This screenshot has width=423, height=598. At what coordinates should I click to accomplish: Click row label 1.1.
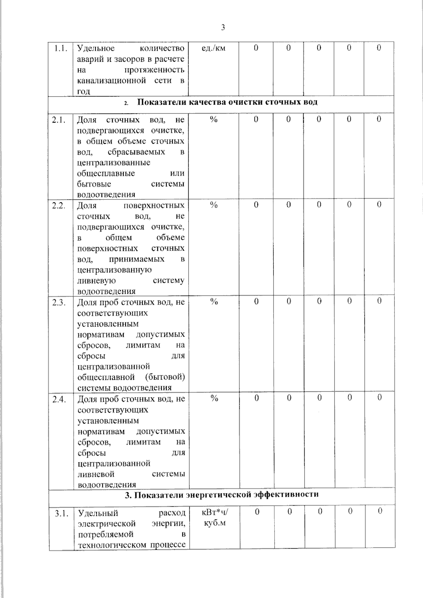61,48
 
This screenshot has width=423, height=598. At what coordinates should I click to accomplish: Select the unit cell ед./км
213,48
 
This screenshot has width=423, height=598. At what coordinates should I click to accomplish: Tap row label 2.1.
59,120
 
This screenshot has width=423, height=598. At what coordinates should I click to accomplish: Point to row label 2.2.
59,206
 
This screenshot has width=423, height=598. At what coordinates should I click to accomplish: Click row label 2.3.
59,302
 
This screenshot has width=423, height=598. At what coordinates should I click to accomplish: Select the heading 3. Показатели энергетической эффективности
222,494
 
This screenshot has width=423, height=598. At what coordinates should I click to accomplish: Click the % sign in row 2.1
214,119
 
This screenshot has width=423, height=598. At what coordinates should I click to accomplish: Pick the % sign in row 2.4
214,399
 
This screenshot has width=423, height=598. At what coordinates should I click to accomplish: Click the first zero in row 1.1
256,48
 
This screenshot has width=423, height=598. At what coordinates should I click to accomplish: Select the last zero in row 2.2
379,204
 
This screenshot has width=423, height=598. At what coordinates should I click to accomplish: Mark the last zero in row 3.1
380,511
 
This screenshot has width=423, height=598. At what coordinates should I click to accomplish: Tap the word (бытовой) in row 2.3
165,377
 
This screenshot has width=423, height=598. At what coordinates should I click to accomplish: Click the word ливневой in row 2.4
96,474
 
